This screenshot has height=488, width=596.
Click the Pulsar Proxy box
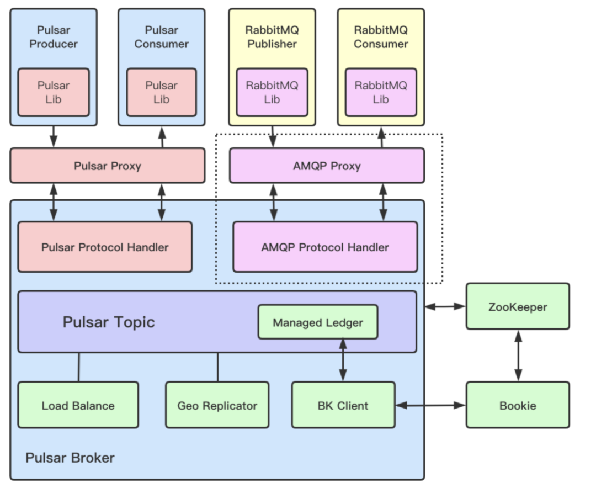[x=107, y=166]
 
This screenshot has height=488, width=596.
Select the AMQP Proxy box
[x=327, y=166]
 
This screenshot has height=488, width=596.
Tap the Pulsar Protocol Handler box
[x=105, y=247]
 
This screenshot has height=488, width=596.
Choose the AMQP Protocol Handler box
[x=325, y=247]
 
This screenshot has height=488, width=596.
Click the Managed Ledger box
[x=318, y=322]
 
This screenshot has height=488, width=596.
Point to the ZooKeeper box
[x=518, y=306]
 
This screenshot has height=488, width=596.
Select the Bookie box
[x=518, y=405]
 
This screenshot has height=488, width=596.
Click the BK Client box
[x=343, y=405]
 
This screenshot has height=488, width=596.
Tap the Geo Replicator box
[x=217, y=405]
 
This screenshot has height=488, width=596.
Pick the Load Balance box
[x=78, y=405]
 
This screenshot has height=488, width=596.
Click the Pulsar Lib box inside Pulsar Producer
[x=54, y=92]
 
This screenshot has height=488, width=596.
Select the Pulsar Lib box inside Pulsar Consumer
[x=161, y=92]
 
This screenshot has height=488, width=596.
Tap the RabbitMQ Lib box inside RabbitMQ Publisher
[x=272, y=92]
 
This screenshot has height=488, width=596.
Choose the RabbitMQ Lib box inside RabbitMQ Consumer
[x=381, y=92]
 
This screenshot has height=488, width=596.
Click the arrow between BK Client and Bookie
[x=431, y=405]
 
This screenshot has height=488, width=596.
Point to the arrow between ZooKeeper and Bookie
[x=518, y=356]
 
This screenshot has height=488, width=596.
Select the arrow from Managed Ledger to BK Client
[x=343, y=360]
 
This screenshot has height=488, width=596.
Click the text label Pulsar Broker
[x=70, y=458]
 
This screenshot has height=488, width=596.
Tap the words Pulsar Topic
[x=109, y=322]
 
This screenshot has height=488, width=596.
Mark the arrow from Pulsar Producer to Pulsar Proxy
[x=54, y=136]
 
